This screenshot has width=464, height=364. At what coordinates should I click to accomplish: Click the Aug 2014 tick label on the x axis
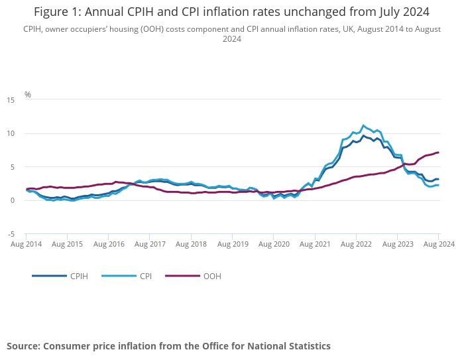point(27,244)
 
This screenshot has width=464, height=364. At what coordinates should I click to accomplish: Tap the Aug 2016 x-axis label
point(109,244)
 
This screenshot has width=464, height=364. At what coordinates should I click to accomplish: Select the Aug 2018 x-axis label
point(192,244)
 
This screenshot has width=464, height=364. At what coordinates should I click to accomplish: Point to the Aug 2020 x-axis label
point(274,244)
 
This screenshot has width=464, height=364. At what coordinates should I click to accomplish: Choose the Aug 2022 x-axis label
point(356,244)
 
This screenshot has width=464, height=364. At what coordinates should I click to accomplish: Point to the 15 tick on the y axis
point(11,100)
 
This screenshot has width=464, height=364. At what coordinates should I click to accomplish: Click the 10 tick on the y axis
point(11,133)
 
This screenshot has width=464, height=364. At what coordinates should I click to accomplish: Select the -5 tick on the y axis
point(11,234)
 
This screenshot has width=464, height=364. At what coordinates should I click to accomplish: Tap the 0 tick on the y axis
point(13,201)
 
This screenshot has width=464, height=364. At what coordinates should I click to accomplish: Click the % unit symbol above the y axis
point(28,95)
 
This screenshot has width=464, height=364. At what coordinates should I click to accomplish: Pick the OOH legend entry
point(212,276)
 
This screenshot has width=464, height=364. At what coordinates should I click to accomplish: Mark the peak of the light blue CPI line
point(363,125)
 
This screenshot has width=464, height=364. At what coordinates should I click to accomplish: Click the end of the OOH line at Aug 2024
point(438,152)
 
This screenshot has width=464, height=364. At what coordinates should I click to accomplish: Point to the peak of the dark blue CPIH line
point(363,136)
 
